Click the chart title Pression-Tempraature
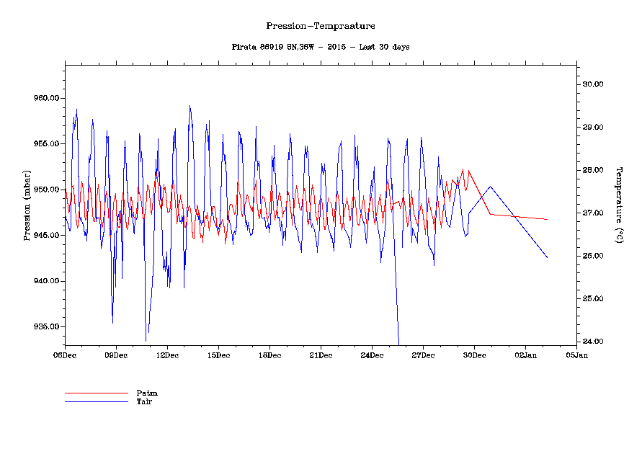[x=321, y=26]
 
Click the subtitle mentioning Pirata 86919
[x=321, y=47]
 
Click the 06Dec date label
[x=65, y=355]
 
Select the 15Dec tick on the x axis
[x=218, y=355]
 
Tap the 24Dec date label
[x=372, y=355]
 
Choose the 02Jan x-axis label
[x=525, y=355]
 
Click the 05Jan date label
[x=576, y=355]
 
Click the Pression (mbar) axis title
[x=27, y=205]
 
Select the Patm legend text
[x=147, y=393]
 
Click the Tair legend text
[x=144, y=401]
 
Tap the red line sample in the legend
[x=96, y=393]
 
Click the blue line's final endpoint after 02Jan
[x=548, y=257]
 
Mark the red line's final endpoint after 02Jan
[x=548, y=219]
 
